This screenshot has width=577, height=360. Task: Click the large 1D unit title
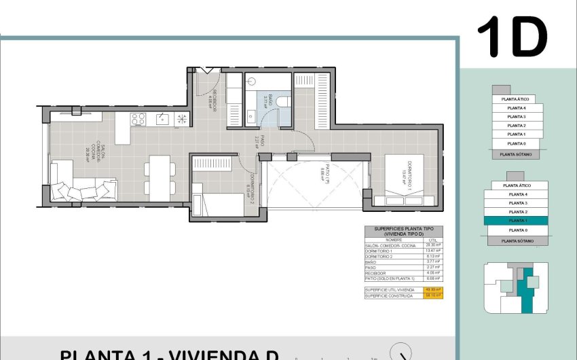(512, 37)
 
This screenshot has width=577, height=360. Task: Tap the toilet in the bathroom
(284, 102)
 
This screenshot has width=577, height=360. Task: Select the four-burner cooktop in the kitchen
(138, 120)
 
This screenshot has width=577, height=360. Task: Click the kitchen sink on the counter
(162, 120)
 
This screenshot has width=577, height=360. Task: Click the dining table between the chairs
(160, 177)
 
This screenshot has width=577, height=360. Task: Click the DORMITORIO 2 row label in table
(380, 256)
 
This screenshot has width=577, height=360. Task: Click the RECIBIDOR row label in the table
(377, 272)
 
